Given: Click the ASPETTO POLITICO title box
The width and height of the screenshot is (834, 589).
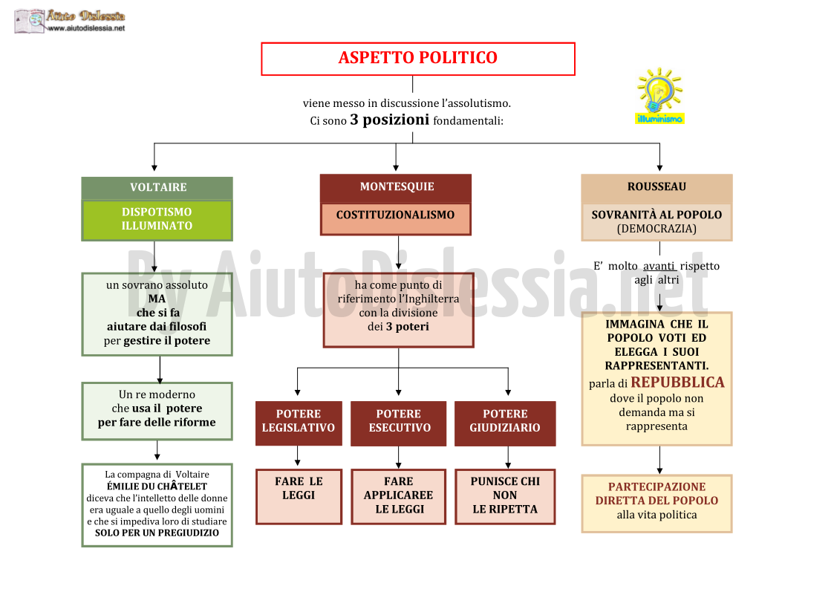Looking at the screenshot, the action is coord(418,59).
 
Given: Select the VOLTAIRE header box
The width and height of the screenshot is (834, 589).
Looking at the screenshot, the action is coord(157,188).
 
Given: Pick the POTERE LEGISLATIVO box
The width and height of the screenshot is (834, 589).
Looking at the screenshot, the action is coord(299,423).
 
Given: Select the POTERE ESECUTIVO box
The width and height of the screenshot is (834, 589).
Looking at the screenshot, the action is coord(399,423).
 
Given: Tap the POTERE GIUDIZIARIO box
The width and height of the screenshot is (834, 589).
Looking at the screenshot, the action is coord(505,423).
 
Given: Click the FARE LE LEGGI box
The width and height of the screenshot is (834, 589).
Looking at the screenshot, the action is coord(299,496).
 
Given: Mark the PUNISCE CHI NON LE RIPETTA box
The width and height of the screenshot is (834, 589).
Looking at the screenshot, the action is coord(505,496).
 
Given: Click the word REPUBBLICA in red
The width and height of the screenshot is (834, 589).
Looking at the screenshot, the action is coord(677,383).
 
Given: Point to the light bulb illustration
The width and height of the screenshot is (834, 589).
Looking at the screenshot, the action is coord(659,91).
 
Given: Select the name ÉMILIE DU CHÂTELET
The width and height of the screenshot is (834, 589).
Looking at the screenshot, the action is coord(157,487).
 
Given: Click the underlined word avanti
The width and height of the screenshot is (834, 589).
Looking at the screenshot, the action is coord(659,266).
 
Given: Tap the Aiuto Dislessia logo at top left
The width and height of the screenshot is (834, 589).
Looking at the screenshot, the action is coord(70,22).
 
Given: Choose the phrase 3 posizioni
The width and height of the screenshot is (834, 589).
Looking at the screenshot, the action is coord(389,120).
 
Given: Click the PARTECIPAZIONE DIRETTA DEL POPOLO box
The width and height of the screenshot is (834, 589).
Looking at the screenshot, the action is coord(657,504).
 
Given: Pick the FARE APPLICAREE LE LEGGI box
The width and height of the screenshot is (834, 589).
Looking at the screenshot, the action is coord(398,496).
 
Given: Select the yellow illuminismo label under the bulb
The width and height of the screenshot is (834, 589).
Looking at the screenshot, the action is coord(659,119).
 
